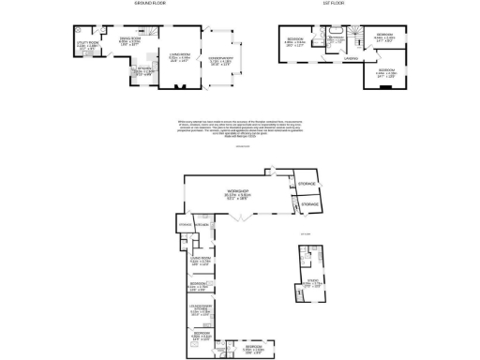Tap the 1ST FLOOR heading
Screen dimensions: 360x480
(330, 5)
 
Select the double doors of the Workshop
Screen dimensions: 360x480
(240, 219)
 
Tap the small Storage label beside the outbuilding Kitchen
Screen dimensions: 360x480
(183, 224)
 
